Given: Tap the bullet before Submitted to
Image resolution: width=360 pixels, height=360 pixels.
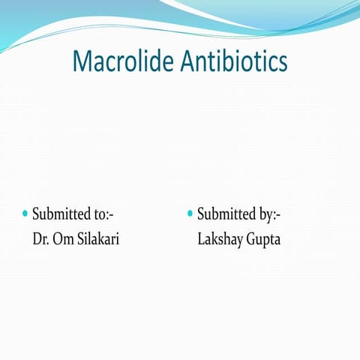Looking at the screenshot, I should [25, 214].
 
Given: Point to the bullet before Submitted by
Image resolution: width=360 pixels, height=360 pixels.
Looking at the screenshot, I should [190, 214].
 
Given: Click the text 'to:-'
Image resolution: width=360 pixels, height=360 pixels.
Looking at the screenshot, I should [106, 216].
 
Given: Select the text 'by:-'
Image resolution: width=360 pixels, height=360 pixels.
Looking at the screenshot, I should [271, 216].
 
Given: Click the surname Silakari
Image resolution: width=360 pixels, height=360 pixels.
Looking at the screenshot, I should [100, 241].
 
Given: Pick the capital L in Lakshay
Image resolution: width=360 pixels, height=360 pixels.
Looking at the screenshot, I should [200, 241].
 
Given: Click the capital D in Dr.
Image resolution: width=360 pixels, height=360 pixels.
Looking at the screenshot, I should [36, 241].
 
